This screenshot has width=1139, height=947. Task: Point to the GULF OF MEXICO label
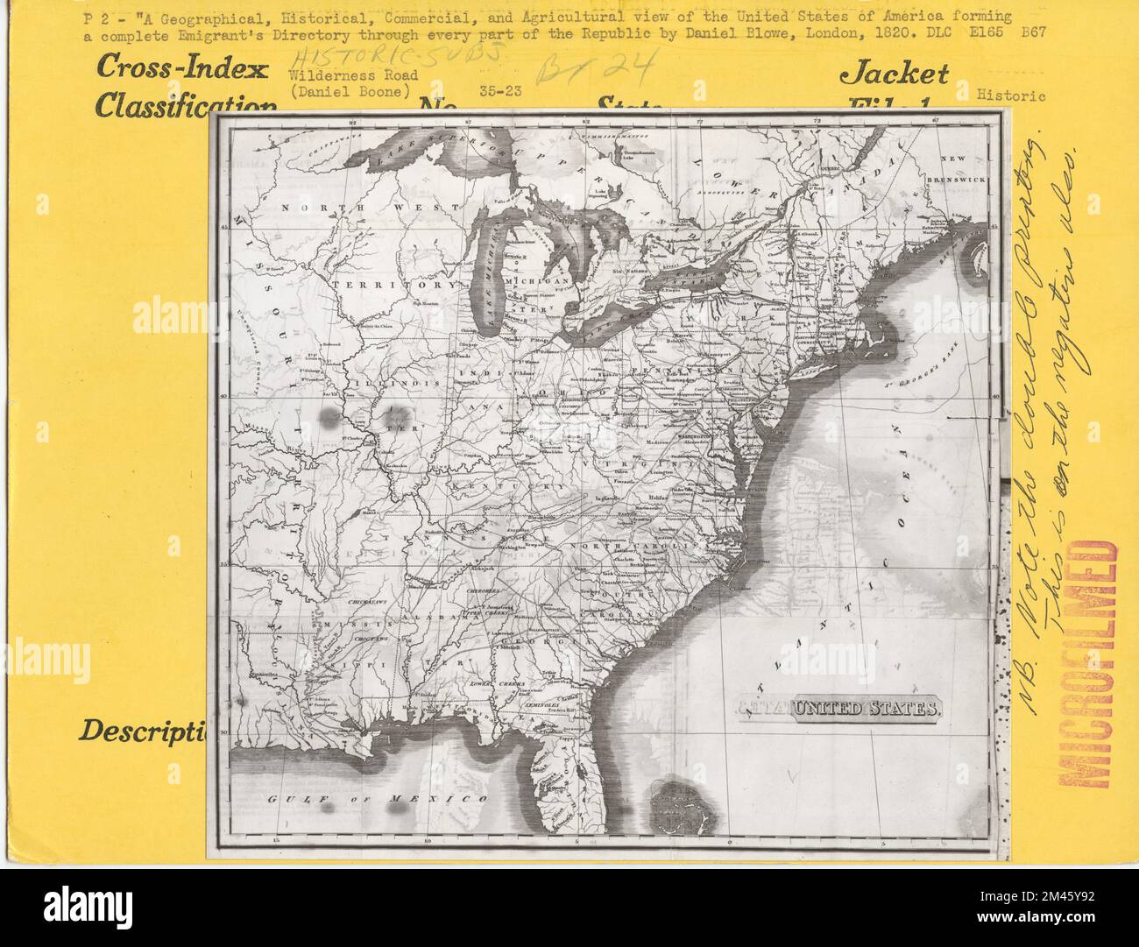[x=377, y=800]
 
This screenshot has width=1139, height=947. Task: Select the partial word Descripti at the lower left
[x=143, y=730]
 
